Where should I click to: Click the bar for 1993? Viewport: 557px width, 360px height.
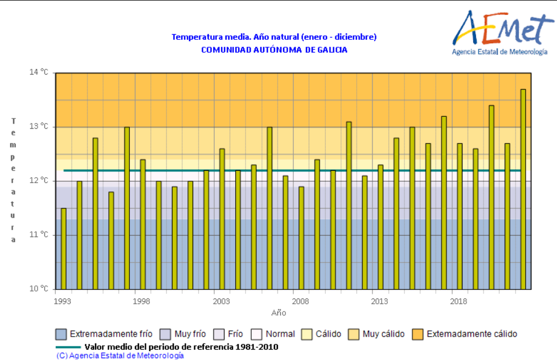coord(64,248)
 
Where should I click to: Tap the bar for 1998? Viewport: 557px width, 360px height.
coord(143,224)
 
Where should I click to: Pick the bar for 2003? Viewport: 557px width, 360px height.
coord(222,219)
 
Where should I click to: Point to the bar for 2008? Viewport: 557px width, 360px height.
coord(301,238)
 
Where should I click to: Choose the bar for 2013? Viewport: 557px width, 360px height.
coord(380,227)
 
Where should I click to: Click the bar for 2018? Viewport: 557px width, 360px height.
coord(460,216)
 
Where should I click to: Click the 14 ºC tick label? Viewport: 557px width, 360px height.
coord(40,72)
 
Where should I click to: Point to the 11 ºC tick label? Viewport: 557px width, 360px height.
coord(40,235)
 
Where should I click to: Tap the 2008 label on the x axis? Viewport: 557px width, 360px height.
coord(300,300)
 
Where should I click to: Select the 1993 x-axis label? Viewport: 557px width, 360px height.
coord(63,300)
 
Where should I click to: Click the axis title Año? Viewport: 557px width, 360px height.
coord(278,313)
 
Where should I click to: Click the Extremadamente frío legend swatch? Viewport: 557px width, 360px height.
coord(61,334)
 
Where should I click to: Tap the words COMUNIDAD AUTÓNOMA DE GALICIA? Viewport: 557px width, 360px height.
coord(274,50)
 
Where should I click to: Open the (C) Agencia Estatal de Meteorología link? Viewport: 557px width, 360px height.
coord(120,355)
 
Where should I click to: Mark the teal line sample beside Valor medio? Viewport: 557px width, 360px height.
coord(67,346)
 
